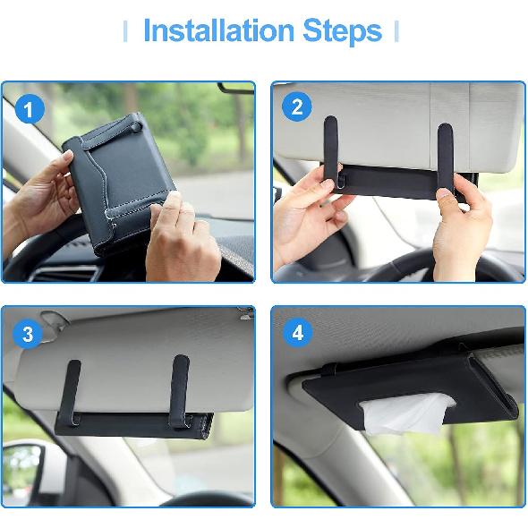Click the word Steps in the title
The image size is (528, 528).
pos(344,30)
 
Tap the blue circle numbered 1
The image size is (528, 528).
pos(30,110)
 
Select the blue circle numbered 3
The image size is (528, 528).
pos(30,335)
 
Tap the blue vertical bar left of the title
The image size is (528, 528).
pos(126,31)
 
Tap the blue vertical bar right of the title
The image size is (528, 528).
pos(396,31)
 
